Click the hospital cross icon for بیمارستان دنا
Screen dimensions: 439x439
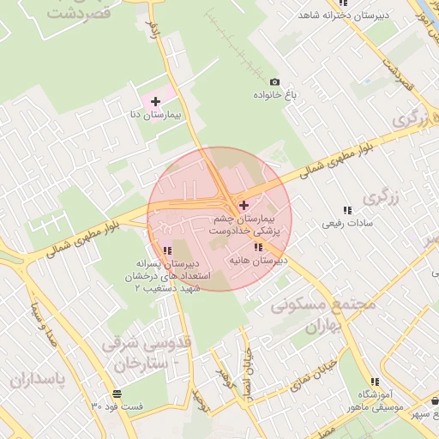155,102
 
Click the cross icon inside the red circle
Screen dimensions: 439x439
244,205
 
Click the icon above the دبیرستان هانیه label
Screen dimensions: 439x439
259,247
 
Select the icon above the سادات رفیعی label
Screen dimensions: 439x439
347,210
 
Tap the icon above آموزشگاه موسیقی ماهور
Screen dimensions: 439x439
375,383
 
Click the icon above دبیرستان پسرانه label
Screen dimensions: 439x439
165,250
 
